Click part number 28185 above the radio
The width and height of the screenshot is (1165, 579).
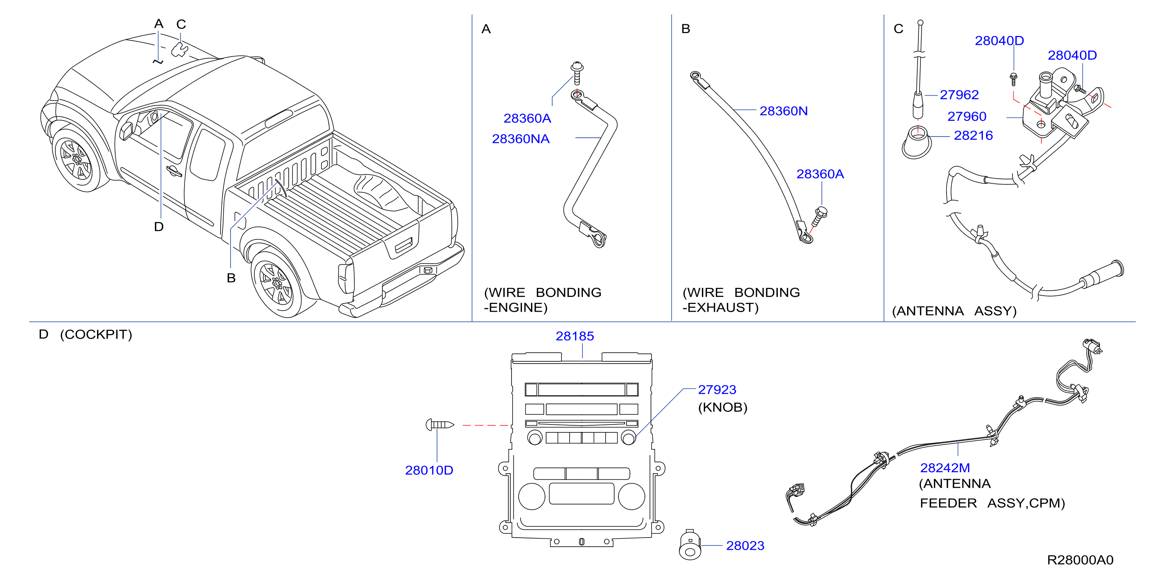tap(574, 336)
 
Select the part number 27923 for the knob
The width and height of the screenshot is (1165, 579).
tap(717, 389)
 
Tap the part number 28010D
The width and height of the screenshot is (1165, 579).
tap(429, 471)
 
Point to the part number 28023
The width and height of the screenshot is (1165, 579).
tap(745, 546)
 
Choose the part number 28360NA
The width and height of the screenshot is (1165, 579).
tap(520, 139)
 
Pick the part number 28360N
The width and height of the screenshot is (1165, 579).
tap(783, 111)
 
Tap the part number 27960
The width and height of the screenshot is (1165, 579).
tap(966, 116)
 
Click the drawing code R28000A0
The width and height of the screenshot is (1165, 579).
tap(1080, 560)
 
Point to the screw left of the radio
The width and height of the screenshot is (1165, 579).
tap(440, 425)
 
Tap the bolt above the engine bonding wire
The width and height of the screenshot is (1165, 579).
tap(577, 73)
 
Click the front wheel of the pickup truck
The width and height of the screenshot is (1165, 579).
tap(77, 159)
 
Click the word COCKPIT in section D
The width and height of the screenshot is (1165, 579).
tap(96, 334)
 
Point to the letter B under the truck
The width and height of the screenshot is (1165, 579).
tap(231, 278)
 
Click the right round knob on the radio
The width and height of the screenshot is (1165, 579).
tap(629, 437)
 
